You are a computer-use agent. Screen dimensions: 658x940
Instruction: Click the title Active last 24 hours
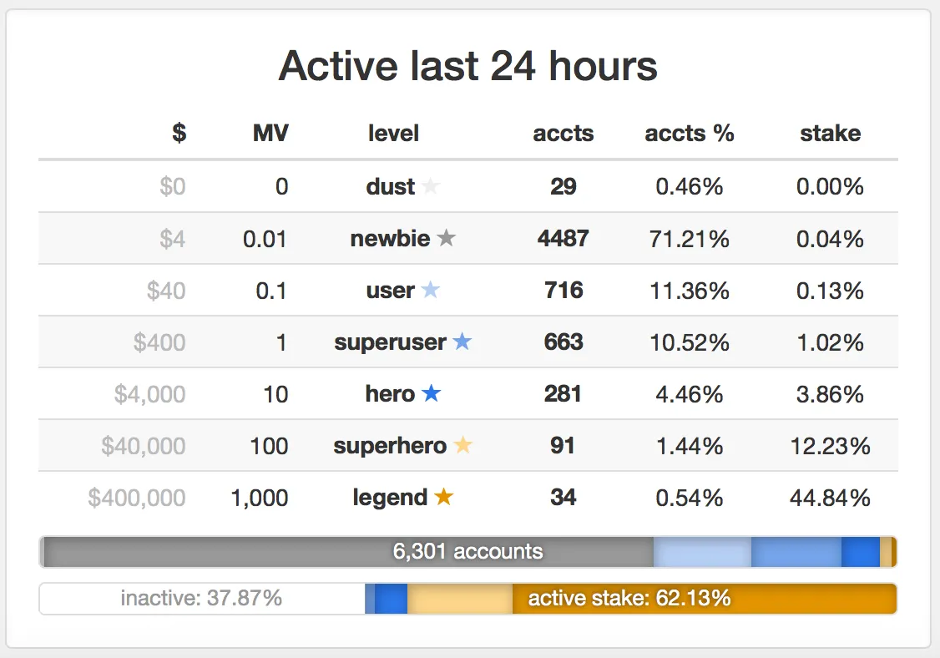tap(467, 66)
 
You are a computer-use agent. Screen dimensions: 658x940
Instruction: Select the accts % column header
tap(689, 134)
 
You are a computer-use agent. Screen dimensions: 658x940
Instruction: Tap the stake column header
tap(830, 134)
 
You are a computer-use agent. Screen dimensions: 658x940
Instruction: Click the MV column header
tap(270, 134)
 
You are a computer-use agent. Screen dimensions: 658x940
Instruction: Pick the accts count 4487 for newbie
tap(563, 239)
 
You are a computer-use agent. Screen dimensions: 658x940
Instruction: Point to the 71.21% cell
tap(689, 240)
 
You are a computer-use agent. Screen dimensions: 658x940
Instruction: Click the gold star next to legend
tap(443, 498)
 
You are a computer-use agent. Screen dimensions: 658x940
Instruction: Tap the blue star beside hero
tap(431, 393)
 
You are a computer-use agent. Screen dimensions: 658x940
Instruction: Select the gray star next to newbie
tap(447, 239)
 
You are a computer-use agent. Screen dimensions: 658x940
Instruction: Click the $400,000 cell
tap(137, 499)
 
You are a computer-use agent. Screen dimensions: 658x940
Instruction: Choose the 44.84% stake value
tap(830, 499)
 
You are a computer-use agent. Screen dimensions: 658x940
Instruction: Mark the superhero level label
tap(390, 446)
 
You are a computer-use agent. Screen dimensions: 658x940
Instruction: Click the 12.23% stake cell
tap(830, 447)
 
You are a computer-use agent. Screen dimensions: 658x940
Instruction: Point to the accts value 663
tap(563, 342)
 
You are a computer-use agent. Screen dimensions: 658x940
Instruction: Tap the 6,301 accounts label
tap(467, 552)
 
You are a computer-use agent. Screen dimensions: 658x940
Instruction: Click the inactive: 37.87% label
tap(201, 598)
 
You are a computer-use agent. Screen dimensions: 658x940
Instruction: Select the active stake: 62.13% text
tap(629, 598)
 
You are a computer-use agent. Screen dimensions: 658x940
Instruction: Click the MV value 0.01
tap(265, 240)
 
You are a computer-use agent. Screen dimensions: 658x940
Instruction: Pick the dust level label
tap(390, 187)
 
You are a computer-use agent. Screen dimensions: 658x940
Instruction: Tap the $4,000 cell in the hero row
tap(150, 394)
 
